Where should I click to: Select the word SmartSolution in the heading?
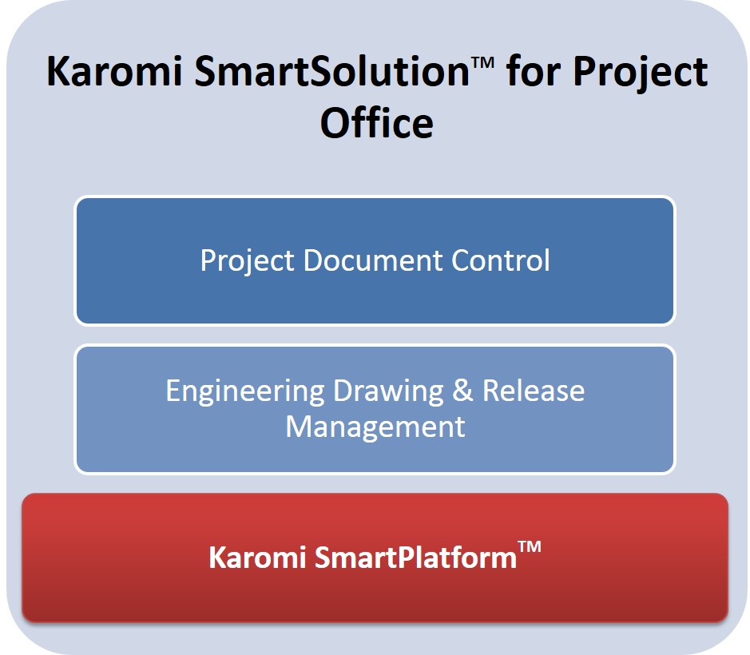click(320, 73)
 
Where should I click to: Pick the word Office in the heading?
click(376, 124)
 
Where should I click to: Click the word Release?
click(534, 392)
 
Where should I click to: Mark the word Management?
click(375, 427)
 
